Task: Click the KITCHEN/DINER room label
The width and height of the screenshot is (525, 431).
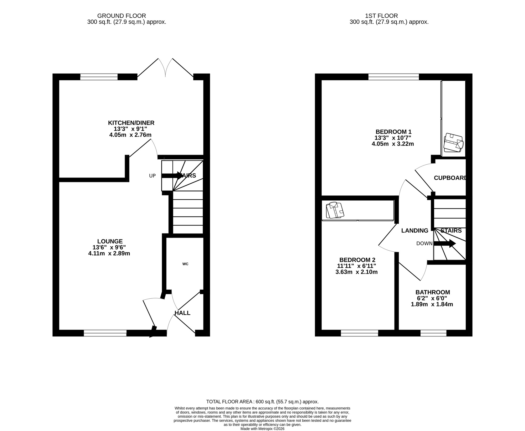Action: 131,123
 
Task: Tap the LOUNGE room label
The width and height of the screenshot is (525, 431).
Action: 110,241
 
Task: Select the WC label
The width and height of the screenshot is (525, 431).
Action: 185,264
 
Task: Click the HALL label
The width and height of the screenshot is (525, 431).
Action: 182,313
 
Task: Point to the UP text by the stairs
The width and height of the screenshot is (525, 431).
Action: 152,176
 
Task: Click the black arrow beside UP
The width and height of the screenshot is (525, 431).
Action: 172,176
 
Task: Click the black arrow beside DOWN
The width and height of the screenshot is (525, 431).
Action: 445,243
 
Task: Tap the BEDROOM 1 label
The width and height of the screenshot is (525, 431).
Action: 393,132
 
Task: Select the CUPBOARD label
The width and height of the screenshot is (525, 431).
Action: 450,178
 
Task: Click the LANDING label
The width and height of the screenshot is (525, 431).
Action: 414,231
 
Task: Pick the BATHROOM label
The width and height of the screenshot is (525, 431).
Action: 433,292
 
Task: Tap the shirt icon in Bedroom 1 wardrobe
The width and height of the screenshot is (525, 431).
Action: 453,143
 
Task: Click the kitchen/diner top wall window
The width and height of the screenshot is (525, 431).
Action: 99,77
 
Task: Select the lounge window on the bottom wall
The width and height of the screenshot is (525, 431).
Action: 105,334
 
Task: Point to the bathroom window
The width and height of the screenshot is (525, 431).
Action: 433,334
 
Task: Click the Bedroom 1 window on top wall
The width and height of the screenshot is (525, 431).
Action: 393,77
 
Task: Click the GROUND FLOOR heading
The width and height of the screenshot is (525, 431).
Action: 121,16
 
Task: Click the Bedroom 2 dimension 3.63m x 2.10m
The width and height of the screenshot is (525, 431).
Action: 356,272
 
